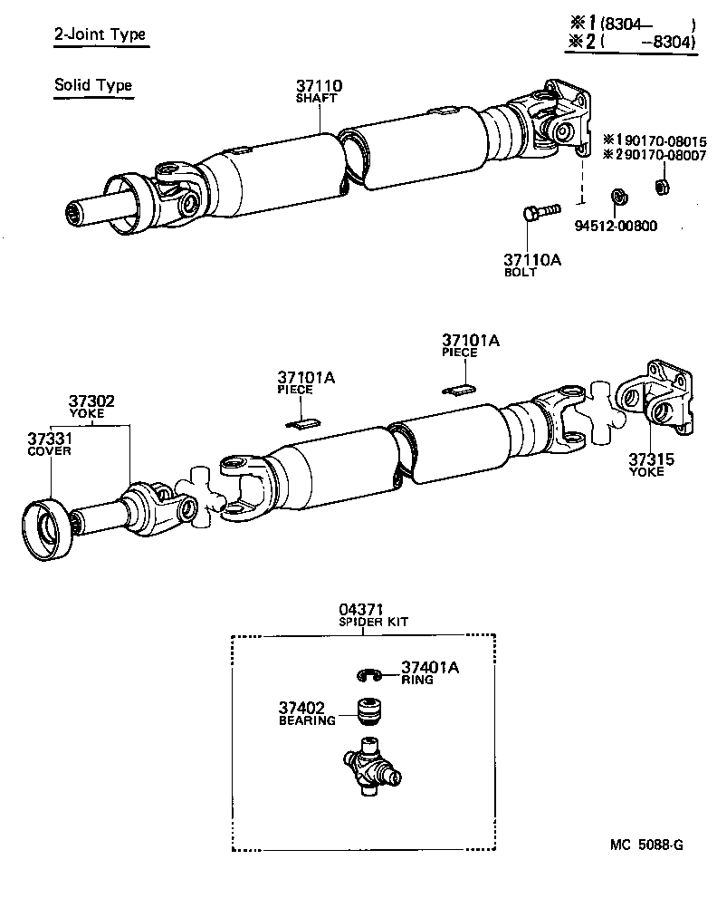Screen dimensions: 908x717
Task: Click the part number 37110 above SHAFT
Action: [x=319, y=87]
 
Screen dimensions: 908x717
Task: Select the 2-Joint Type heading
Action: [x=100, y=35]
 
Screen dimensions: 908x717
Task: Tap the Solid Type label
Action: [x=93, y=85]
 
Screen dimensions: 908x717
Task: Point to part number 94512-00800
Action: [x=616, y=226]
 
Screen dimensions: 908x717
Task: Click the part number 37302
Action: [x=91, y=401]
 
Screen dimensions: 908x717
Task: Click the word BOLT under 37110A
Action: [x=521, y=272]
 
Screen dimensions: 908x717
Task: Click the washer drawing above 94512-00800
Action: [x=619, y=196]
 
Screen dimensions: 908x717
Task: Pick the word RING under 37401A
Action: [x=418, y=680]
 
